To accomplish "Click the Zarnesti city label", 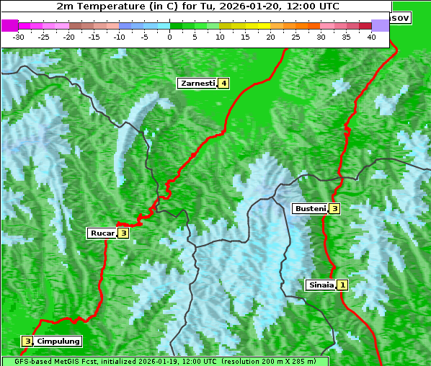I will point(197,84).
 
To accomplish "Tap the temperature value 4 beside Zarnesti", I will point(224,84).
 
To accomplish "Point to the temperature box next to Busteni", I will point(334,209).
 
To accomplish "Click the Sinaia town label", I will point(321,285).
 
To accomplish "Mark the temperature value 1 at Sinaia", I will point(342,285).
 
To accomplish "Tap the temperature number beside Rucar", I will point(123,233).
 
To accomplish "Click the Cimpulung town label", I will point(58,341).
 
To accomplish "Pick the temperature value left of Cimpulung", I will point(27,341).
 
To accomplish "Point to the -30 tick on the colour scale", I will point(19,37).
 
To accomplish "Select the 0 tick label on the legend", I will point(170,37).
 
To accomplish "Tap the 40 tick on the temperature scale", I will point(371,37).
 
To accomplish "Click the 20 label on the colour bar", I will point(270,37).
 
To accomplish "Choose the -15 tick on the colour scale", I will point(94,37).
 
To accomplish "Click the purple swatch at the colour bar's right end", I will point(380,25).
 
